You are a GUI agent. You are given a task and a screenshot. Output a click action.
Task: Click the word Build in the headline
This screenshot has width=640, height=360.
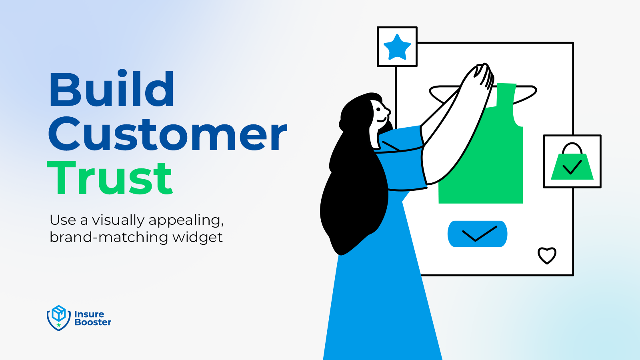point(112,88)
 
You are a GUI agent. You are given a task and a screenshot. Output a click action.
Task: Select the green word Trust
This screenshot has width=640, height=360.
point(110,178)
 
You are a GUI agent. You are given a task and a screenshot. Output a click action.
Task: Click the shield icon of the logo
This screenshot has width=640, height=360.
point(58,318)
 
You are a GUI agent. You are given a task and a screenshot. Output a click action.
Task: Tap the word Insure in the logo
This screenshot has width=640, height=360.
point(89,314)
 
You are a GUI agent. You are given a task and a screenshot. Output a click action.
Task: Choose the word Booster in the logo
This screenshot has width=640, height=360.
point(93,322)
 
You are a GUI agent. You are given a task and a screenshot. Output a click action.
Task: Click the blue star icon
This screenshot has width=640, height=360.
point(397,48)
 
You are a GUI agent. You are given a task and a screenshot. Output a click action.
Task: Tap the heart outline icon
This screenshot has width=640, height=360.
point(547,256)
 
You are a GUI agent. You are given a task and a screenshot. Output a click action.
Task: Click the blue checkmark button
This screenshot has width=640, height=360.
point(477,234)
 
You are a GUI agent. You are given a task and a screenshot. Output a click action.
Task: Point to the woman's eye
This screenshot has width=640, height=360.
point(378,110)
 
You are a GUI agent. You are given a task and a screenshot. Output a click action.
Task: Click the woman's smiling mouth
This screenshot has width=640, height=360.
point(382,120)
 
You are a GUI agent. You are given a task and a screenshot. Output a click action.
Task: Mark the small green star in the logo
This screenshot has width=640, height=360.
point(58,325)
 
